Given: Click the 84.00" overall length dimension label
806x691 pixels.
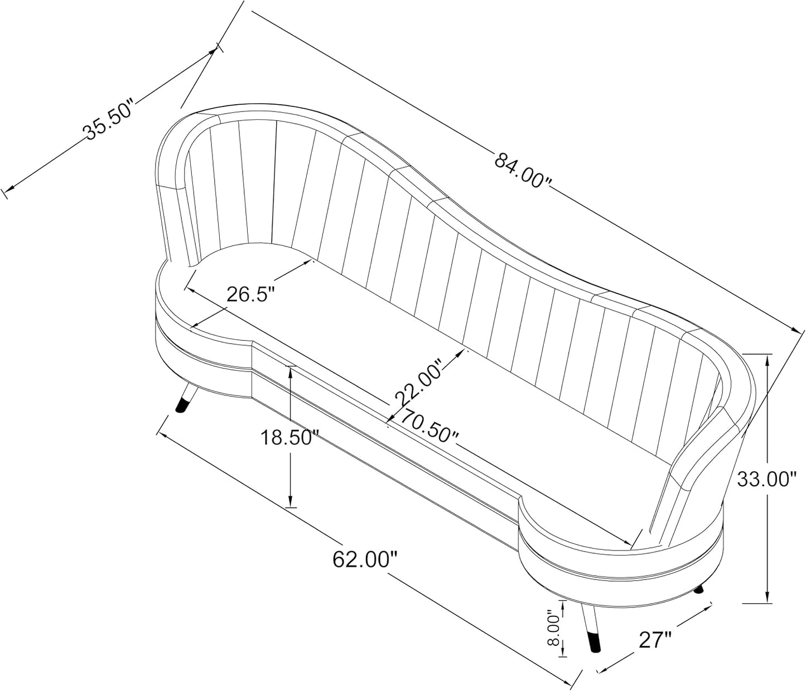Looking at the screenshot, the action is (x=523, y=170).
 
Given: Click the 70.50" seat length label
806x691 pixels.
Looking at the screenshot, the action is (x=429, y=426).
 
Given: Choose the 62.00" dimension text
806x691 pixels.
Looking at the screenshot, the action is (x=364, y=559).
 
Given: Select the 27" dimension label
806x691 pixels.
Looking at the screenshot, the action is (x=655, y=640).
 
